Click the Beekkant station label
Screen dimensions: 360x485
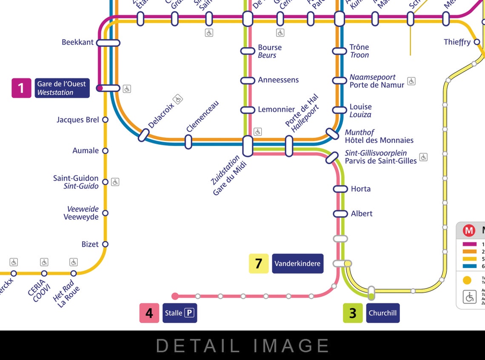[x=77, y=42]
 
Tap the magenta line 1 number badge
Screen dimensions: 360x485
[x=21, y=88]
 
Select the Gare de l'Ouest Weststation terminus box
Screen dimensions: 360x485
[x=62, y=88]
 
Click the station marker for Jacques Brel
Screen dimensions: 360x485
[x=105, y=120]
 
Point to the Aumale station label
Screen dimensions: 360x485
[x=86, y=151]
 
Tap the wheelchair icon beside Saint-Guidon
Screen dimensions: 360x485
[x=115, y=182]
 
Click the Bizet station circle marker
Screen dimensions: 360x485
[x=105, y=244]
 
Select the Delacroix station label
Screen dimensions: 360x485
[x=161, y=115]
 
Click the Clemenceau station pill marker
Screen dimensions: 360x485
[x=188, y=142]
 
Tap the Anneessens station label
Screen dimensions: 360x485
[x=278, y=80]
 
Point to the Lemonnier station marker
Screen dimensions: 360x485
[x=248, y=110]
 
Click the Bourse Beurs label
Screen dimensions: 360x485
[x=270, y=51]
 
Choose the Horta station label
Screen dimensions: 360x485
[x=360, y=189]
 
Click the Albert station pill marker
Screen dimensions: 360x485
[x=340, y=214]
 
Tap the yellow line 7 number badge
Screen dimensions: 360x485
[x=259, y=263]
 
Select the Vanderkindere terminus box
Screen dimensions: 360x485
[x=297, y=263]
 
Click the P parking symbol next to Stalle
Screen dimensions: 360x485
[x=189, y=313]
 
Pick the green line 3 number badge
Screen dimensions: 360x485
[x=353, y=313]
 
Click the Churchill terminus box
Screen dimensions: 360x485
[x=382, y=313]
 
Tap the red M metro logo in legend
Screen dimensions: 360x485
[x=469, y=231]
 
